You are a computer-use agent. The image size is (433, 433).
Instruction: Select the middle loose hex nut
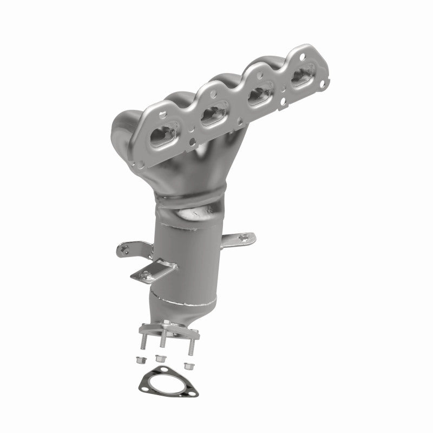[159, 358]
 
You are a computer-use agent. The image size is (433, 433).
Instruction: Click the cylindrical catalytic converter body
[189, 254]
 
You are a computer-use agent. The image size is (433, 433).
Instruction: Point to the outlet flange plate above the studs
[162, 328]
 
